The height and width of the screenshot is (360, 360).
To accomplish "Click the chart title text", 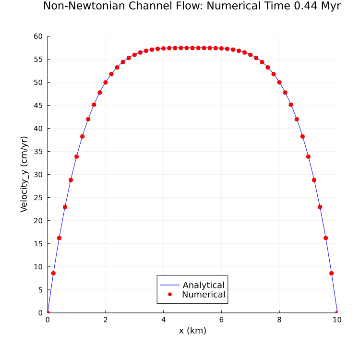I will pyautogui.click(x=192, y=6).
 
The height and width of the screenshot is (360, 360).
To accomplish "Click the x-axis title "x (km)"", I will pyautogui.click(x=192, y=331).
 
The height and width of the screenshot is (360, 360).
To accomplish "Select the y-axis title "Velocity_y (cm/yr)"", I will pyautogui.click(x=24, y=174).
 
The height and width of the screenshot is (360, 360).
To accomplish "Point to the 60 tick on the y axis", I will pyautogui.click(x=38, y=36).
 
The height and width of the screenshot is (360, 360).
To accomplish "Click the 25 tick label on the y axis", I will pyautogui.click(x=38, y=198).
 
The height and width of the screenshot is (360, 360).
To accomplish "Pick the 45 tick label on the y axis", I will pyautogui.click(x=38, y=106).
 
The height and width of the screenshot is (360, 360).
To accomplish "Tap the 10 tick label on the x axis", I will pyautogui.click(x=337, y=320).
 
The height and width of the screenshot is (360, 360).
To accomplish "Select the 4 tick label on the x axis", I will pyautogui.click(x=163, y=320).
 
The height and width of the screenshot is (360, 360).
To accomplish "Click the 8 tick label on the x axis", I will pyautogui.click(x=279, y=320).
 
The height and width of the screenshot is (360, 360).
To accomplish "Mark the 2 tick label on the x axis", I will pyautogui.click(x=106, y=320).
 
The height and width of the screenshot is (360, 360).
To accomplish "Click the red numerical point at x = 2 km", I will pyautogui.click(x=106, y=82).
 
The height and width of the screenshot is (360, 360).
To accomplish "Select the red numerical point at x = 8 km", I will pyautogui.click(x=279, y=82).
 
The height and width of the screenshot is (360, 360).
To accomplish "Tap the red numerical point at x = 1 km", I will pyautogui.click(x=76, y=156).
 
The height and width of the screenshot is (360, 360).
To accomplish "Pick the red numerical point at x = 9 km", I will pyautogui.click(x=308, y=156).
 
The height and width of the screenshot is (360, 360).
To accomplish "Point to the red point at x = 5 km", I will pyautogui.click(x=192, y=48).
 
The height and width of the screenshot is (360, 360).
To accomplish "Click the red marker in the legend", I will pyautogui.click(x=170, y=295).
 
